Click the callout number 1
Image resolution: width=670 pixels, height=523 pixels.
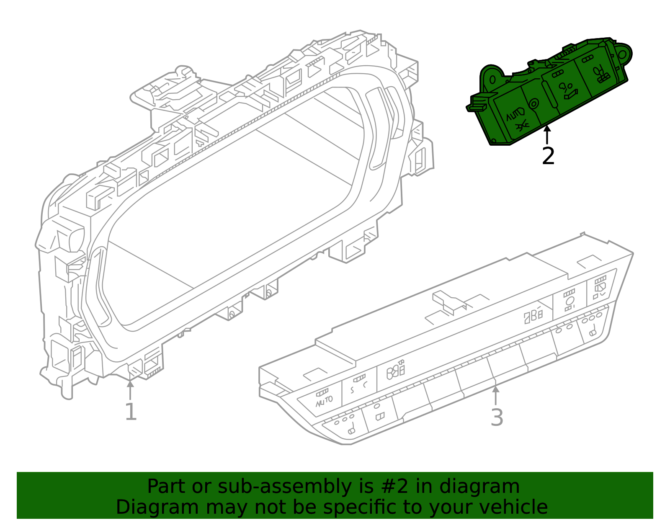(x=131, y=412)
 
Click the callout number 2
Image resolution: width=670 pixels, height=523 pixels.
(x=548, y=156)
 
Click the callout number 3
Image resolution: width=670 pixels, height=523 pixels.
(x=497, y=417)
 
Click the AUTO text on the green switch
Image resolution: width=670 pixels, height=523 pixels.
(x=514, y=114)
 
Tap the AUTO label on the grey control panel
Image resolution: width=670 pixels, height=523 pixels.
(x=324, y=401)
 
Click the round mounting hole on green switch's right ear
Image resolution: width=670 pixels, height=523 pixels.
(x=623, y=54)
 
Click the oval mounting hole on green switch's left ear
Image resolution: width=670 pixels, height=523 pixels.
(x=492, y=80)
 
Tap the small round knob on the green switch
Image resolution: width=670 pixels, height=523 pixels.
(x=534, y=104)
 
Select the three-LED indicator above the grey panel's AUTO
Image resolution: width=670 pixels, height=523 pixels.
(x=322, y=392)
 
